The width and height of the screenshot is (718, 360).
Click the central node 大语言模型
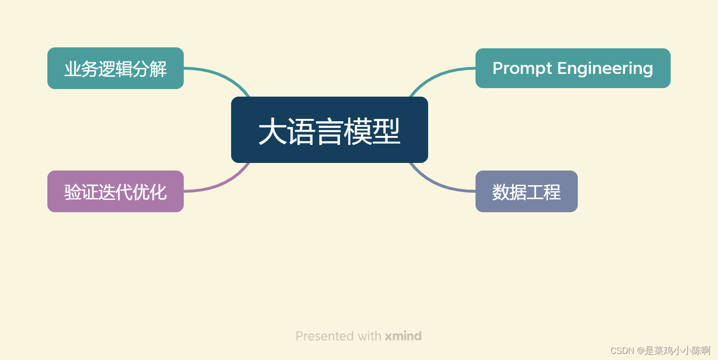(329, 130)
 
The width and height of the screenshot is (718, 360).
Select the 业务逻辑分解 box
(115, 68)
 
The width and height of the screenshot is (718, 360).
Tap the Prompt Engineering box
(573, 68)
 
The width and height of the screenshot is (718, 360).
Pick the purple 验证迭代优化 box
(115, 191)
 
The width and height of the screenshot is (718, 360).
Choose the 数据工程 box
(526, 191)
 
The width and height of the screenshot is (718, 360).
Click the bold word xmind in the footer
(403, 336)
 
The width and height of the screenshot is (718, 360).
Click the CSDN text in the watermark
(622, 351)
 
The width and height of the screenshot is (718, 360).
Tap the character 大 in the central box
(272, 132)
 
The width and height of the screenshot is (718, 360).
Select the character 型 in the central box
(386, 132)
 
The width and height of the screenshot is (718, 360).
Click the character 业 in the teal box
(73, 69)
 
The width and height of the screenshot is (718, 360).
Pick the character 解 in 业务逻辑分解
(158, 69)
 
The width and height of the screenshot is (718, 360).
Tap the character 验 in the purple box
(73, 192)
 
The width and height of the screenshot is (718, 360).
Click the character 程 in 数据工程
(552, 192)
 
